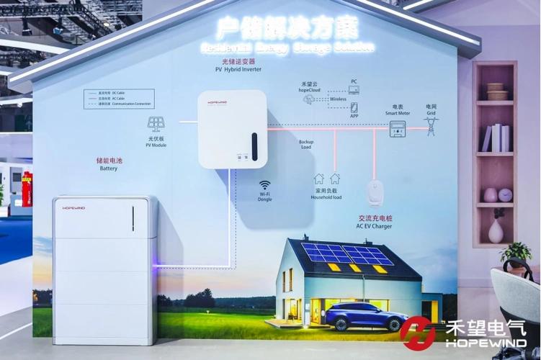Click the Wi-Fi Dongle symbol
pos(264,184)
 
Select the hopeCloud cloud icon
pos(308,99)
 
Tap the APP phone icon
pos(354,108)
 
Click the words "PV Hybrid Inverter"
pos(238,70)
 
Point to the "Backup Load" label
pos(306,145)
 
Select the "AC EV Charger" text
pos(375,225)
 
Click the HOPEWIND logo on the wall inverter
pos(218,103)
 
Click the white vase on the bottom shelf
pos(496,231)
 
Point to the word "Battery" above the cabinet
pos(108,168)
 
